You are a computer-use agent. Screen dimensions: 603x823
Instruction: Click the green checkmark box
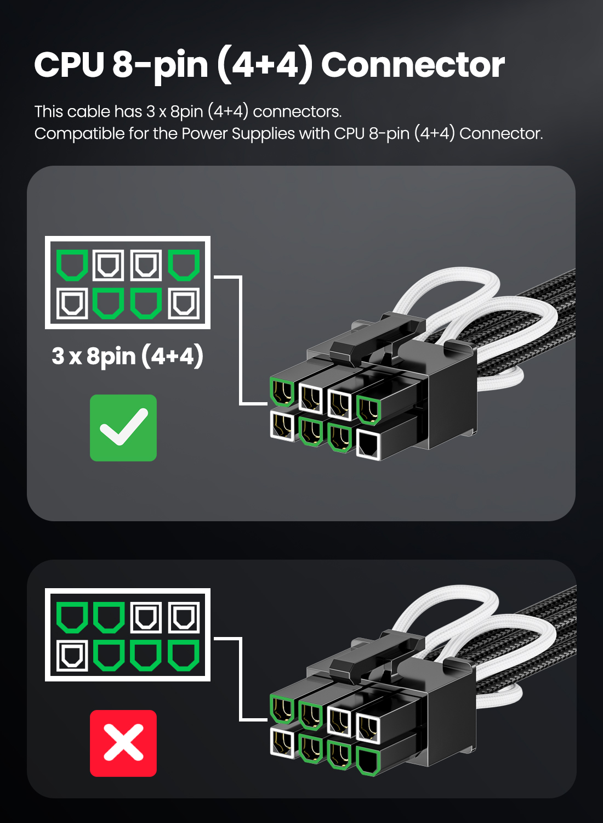(123, 427)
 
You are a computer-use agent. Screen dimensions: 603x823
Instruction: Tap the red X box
(123, 743)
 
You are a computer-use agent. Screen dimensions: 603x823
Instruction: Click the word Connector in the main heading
(413, 65)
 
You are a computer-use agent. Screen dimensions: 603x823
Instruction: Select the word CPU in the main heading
(70, 65)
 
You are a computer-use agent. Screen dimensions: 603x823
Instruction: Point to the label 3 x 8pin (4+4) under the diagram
(127, 356)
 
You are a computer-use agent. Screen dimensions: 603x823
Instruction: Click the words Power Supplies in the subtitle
(238, 134)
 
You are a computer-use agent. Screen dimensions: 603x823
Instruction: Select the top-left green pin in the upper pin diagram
(72, 265)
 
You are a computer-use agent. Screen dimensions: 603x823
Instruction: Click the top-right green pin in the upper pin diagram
(184, 265)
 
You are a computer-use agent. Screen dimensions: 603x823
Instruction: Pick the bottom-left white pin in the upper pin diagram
(72, 303)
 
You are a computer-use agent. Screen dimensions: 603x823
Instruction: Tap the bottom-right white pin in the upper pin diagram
(184, 303)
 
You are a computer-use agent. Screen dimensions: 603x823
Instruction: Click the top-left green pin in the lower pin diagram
(72, 618)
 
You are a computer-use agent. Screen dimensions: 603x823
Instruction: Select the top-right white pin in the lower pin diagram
(184, 618)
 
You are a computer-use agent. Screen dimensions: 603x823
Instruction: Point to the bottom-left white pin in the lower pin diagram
(72, 656)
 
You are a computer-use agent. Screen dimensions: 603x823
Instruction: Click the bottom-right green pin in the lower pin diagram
(184, 656)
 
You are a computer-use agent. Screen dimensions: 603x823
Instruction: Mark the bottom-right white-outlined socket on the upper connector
(368, 446)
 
